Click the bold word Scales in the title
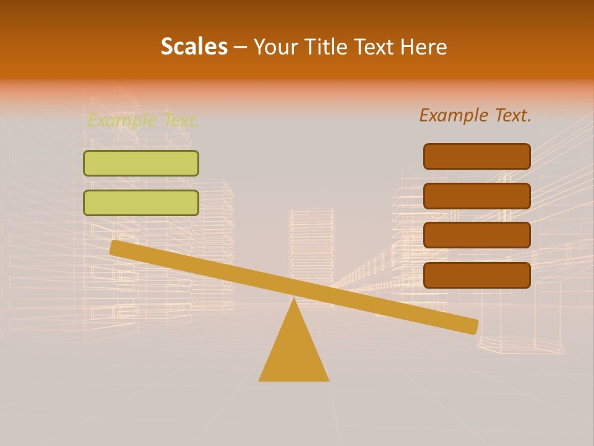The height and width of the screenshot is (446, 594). point(194,46)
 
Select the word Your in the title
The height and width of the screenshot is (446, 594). point(271,46)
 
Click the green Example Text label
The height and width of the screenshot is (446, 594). point(143,120)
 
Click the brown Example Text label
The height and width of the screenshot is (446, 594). point(475,115)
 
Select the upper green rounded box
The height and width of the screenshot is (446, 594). point(141,164)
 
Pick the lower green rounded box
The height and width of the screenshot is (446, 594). point(141,203)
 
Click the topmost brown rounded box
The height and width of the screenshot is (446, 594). point(477,156)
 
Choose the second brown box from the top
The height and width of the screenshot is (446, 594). point(477,196)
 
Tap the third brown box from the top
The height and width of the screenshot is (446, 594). point(477,235)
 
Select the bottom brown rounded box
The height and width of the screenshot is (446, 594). point(477,275)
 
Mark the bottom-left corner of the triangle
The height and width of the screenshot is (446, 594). point(259,380)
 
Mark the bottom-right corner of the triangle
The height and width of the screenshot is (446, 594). point(329,380)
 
